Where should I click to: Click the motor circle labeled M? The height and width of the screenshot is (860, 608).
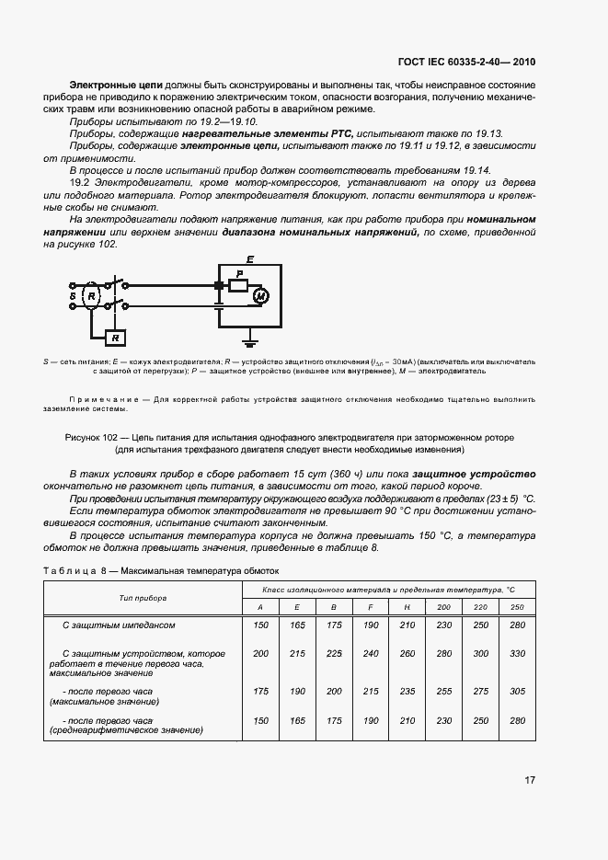pos(259,294)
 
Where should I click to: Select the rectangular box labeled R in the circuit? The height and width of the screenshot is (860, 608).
pos(116,338)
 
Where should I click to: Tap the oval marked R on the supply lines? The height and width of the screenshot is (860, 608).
pos(91,296)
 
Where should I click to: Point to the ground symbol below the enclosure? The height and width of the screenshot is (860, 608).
pos(250,335)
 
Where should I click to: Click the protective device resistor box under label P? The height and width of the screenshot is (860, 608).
pos(239,286)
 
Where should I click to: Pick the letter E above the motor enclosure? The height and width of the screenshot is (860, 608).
pos(250,260)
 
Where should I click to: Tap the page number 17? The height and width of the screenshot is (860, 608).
pos(529,781)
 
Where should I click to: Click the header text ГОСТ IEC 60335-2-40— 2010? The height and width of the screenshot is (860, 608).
pos(466,63)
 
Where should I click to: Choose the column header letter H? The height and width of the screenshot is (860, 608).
pos(406,608)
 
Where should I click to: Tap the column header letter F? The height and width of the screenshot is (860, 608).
pos(370,608)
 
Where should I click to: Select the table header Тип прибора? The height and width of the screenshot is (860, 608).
pos(143,598)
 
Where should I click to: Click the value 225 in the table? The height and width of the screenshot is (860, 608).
pos(333,652)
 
